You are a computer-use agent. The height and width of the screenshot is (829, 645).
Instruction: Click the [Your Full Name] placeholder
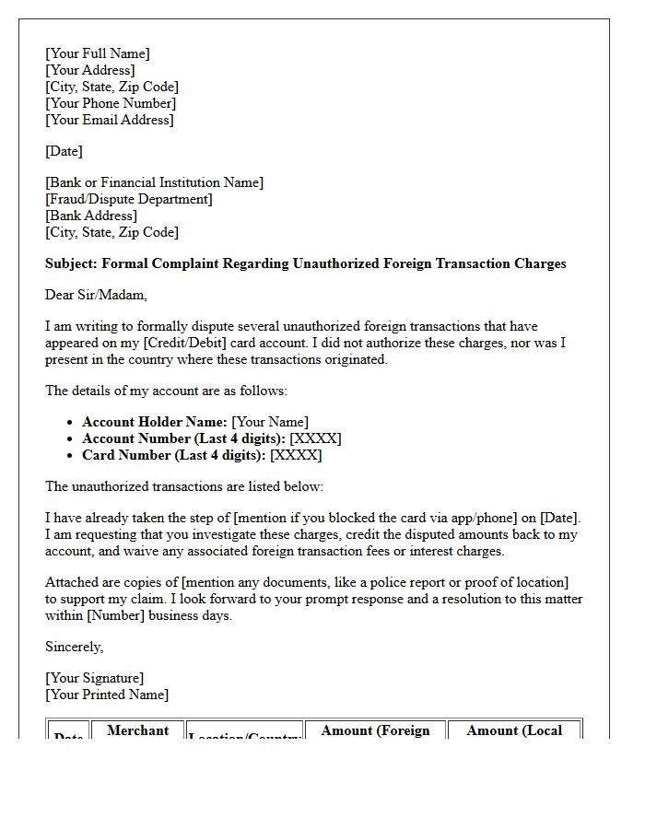click(x=98, y=53)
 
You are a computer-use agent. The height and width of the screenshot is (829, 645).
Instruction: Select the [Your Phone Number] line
click(x=110, y=103)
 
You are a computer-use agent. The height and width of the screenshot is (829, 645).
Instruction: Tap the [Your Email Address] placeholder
click(x=110, y=120)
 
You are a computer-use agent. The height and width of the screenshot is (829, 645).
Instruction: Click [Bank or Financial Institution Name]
click(x=154, y=182)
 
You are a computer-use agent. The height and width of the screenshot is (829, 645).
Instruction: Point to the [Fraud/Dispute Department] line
click(x=129, y=199)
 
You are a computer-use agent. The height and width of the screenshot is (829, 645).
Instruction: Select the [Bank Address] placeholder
click(x=91, y=216)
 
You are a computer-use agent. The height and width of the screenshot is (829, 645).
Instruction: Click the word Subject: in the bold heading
click(x=71, y=263)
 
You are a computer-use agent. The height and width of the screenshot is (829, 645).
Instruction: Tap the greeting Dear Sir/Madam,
click(x=96, y=295)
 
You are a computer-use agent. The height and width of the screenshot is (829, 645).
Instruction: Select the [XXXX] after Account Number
click(x=315, y=438)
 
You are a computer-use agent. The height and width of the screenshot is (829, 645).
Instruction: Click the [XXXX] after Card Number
click(x=296, y=455)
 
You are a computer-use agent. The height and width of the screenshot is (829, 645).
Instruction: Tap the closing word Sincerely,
click(x=75, y=647)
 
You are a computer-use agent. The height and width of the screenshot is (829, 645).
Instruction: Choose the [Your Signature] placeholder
click(x=95, y=678)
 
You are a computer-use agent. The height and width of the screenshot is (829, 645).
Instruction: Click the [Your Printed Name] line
click(x=107, y=695)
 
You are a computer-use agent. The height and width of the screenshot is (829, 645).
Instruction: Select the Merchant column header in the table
click(x=137, y=730)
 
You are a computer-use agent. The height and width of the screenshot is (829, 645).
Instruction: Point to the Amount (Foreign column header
click(x=375, y=730)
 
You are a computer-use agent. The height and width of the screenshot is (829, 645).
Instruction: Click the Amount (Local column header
click(x=514, y=730)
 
